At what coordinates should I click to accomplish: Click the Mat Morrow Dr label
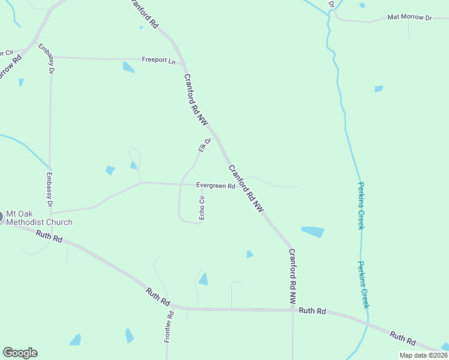(409, 17)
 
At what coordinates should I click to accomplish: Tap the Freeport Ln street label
(158, 60)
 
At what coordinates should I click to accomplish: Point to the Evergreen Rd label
(215, 187)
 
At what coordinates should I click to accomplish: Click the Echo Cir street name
(202, 208)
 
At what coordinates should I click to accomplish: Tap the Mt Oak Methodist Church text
(39, 218)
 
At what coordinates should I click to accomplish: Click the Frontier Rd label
(169, 327)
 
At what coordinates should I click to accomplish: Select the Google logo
(20, 353)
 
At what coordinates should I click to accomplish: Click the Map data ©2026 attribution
(423, 355)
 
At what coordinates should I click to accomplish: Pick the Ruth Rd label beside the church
(49, 237)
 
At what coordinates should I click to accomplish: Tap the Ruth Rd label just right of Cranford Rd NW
(312, 311)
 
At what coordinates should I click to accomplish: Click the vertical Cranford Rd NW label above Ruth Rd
(292, 275)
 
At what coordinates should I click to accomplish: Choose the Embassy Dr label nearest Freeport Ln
(47, 58)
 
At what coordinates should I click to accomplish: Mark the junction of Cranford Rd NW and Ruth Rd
(292, 310)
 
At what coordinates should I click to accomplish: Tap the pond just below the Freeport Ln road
(128, 67)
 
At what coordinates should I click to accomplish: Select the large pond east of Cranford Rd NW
(313, 232)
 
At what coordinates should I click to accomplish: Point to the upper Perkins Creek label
(361, 206)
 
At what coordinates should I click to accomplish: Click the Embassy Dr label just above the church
(50, 191)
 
